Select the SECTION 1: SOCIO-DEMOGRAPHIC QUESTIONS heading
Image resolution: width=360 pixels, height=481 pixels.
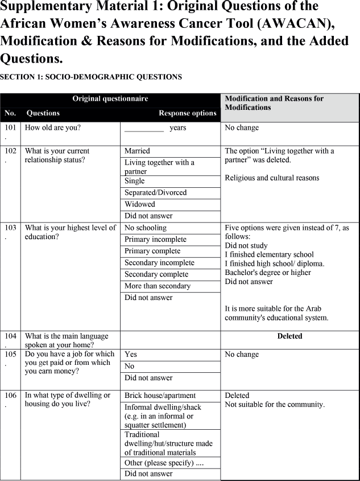tap(91, 77)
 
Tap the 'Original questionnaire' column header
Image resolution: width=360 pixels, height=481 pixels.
tap(110, 99)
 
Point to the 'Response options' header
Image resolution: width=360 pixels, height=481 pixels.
tap(187, 113)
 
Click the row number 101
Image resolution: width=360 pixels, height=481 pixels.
tap(10, 128)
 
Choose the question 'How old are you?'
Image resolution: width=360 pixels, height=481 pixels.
tap(52, 128)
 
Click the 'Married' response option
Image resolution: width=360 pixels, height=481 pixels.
tap(137, 151)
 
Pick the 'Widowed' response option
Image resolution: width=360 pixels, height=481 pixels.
tap(140, 204)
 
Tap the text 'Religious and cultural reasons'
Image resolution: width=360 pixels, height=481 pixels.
tap(272, 178)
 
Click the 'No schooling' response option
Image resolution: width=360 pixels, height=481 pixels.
tap(146, 228)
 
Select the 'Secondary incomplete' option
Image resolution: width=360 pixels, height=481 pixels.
tap(159, 263)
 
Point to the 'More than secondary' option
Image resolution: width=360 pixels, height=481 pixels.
tap(158, 286)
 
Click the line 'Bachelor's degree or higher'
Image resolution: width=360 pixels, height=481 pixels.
tap(268, 273)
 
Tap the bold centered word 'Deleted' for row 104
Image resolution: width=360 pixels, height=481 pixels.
tap(289, 336)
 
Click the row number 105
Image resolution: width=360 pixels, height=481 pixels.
tap(10, 355)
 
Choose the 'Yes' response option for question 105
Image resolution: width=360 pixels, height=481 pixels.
tap(131, 355)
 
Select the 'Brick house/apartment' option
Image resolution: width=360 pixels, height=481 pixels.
tap(160, 396)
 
